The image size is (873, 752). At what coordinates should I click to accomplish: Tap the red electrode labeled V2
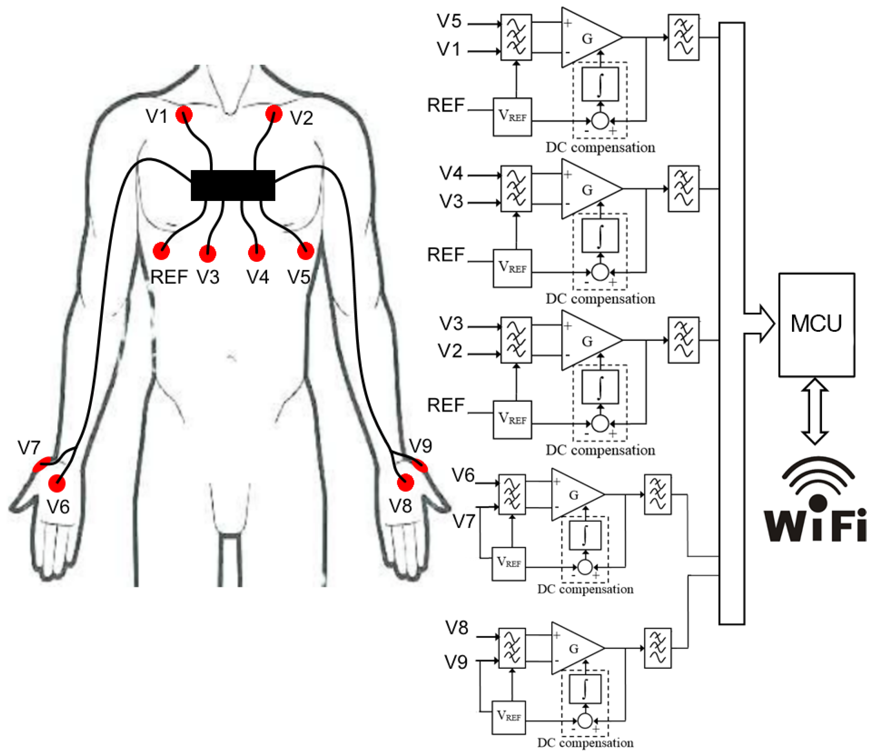click(x=274, y=114)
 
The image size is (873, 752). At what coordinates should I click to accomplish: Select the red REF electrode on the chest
click(x=161, y=251)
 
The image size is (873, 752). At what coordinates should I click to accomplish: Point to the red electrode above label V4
click(x=257, y=252)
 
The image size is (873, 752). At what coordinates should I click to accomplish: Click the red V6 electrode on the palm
click(x=57, y=483)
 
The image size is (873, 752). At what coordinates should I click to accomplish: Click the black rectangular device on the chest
click(x=233, y=186)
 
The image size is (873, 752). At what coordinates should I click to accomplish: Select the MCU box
click(x=816, y=324)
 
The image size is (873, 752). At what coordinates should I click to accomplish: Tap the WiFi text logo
click(x=815, y=525)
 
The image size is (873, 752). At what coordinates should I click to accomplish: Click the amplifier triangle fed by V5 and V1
click(x=588, y=38)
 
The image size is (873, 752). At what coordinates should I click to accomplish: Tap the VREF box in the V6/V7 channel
click(x=508, y=564)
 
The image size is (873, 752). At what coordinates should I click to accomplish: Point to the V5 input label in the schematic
click(x=449, y=21)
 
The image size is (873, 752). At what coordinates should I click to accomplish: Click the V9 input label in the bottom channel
click(x=456, y=662)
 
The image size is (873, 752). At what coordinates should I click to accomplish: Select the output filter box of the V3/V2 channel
click(x=683, y=340)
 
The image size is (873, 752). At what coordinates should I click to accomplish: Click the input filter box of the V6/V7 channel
click(x=512, y=494)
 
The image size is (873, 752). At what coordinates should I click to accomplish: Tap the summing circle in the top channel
click(x=600, y=121)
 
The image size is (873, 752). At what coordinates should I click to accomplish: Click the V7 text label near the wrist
click(x=29, y=448)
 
